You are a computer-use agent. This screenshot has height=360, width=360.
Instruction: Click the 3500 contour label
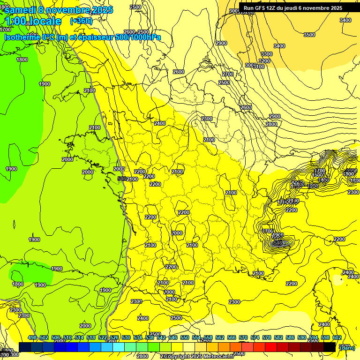tap(309, 35)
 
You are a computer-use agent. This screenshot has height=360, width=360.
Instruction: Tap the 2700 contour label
tap(228, 75)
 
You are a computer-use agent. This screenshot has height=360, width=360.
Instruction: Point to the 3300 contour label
tap(266, 54)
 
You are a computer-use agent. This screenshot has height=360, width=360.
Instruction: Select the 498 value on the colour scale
tap(32, 338)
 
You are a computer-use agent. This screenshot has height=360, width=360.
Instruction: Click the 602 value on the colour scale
tap(337, 338)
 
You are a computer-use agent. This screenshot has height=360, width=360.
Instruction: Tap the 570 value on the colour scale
tap(243, 338)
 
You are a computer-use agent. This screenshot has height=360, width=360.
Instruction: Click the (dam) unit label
tap(347, 347)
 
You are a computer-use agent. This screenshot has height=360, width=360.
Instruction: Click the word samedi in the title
tap(20, 10)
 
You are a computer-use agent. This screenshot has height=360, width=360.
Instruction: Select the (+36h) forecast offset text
tap(81, 21)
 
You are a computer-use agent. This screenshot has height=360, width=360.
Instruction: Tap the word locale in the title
tap(45, 21)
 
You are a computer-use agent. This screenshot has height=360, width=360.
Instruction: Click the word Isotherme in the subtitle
tap(22, 37)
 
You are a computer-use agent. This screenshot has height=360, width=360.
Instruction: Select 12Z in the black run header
tap(274, 8)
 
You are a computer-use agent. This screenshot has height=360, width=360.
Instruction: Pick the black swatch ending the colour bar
tap(330, 347)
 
